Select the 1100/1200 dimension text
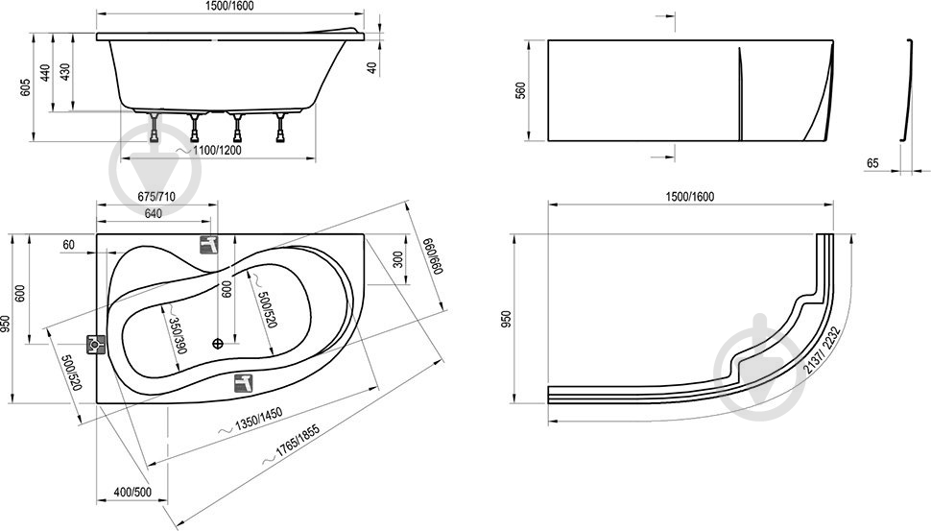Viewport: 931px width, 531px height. coord(217,150)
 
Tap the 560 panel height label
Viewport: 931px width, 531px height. coord(521,90)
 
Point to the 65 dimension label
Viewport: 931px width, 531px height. coord(872,162)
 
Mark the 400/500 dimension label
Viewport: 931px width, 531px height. coord(132,493)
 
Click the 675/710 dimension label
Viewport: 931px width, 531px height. coord(156,197)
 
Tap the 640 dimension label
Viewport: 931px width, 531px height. coord(154,214)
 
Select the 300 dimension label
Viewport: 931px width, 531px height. coord(397,260)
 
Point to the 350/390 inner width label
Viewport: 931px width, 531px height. coord(177,335)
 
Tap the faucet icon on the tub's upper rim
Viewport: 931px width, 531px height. coord(208,244)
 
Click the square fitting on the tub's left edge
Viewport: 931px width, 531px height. coord(96,345)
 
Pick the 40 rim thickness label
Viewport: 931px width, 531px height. coord(372,67)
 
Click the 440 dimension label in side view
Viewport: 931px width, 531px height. coord(45,72)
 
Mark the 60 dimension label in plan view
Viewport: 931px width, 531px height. coord(69,245)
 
